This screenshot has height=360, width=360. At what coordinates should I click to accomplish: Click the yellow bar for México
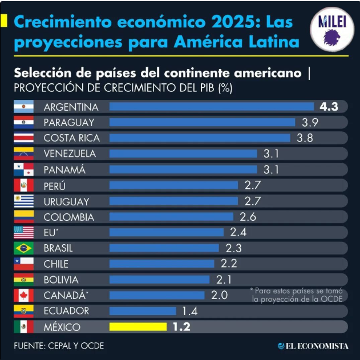(137, 327)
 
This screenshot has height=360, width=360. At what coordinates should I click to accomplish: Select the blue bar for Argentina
(211, 107)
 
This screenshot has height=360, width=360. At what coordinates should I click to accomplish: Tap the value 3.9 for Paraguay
(310, 122)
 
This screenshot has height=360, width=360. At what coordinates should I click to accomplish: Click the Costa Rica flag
(23, 138)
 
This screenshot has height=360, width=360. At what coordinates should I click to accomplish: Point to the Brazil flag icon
(23, 248)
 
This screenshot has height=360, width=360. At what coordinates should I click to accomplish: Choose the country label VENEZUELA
(70, 154)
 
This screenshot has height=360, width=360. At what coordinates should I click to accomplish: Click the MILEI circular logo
(332, 31)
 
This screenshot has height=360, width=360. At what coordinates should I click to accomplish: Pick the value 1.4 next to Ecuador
(189, 311)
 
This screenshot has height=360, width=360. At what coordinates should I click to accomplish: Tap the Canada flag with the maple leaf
(23, 296)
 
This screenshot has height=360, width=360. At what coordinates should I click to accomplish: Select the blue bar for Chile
(161, 264)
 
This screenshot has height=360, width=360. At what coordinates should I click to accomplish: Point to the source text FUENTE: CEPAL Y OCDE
(59, 346)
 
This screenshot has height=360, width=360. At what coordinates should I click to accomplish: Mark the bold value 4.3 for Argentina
(329, 107)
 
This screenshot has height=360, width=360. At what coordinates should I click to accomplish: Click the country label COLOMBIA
(68, 217)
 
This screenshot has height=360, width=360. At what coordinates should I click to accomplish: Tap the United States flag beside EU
(23, 232)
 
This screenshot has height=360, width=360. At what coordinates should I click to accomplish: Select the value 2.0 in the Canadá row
(219, 295)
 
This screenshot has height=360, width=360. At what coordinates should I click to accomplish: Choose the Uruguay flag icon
(23, 201)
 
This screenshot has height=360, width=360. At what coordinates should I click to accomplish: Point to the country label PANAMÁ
(64, 169)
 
